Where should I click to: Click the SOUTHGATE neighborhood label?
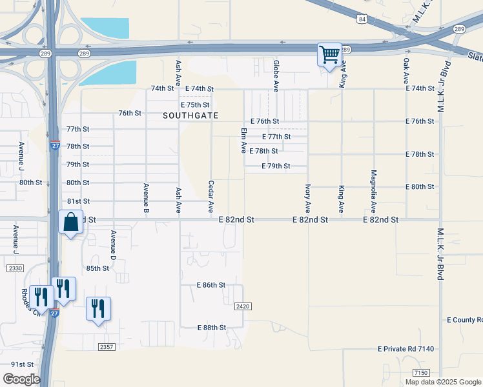pos(190,115)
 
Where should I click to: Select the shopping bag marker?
pos(71,222)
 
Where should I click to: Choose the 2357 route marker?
pos(107,347)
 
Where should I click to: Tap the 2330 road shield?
pos(15,268)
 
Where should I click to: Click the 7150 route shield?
pos(421,373)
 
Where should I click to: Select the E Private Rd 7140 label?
pos(406,349)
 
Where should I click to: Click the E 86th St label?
pos(211,284)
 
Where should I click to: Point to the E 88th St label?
pos(211,328)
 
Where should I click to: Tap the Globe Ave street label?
pos(276,75)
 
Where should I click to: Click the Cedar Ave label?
pos(211,196)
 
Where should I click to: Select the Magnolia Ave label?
pos(373,192)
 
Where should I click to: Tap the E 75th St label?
pos(195,104)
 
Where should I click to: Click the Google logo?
pos(21,379)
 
